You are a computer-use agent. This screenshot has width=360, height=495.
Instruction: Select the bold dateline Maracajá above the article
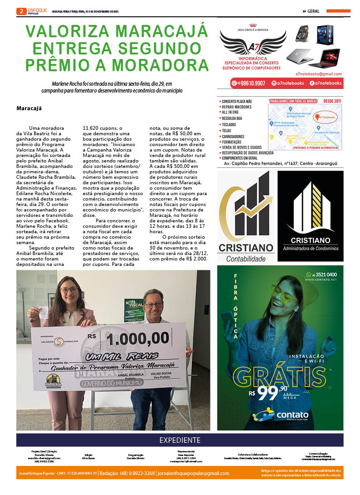(x=29, y=108)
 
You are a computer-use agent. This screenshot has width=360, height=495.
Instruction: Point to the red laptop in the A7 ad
(x=324, y=58)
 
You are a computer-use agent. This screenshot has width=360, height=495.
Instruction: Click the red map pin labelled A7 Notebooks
(x=317, y=117)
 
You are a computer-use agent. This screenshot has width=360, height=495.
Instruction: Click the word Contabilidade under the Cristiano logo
(x=246, y=258)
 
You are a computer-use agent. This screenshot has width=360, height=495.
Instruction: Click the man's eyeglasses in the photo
(x=154, y=305)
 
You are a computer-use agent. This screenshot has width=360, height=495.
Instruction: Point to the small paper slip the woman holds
(x=44, y=312)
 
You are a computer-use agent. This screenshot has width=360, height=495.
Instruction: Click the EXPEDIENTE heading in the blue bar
(x=180, y=440)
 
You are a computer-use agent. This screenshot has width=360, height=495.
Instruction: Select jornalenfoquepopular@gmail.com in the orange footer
(x=194, y=473)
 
